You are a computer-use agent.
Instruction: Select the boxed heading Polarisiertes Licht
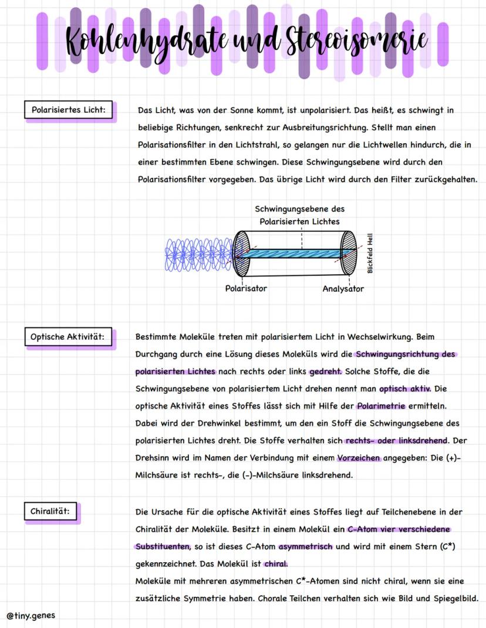pos(69,110)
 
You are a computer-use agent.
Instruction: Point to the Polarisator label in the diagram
pos(246,288)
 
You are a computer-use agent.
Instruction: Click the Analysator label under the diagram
pos(343,289)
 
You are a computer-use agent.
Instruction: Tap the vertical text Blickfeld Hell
pos(370,254)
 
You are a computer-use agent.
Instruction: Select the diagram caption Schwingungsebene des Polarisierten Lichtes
pos(300,215)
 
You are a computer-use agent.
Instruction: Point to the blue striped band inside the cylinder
pos(299,252)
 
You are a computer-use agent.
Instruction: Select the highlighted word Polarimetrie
pos(381,406)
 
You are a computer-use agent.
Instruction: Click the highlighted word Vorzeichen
pos(359,458)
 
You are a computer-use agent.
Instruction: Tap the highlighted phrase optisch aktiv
pos(405,389)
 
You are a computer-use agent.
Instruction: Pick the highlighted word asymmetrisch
pos(305,546)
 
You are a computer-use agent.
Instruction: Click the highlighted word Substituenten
pos(163,546)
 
